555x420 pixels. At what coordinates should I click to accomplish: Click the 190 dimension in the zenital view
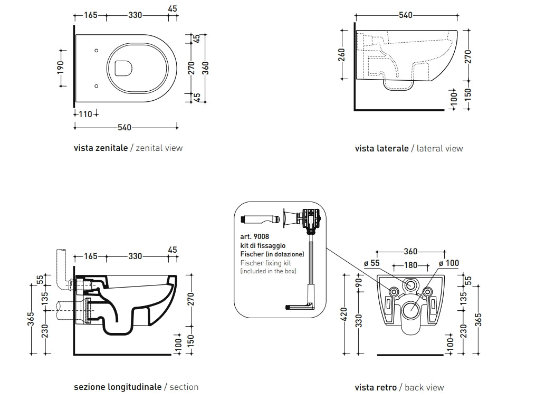tap(61, 66)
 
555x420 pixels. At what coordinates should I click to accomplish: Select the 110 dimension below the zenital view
tap(85, 114)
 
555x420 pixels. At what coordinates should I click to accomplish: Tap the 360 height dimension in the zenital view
tap(206, 68)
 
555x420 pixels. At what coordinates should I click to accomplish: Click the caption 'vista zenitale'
tap(100, 148)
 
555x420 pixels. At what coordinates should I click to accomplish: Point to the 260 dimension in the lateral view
tap(341, 55)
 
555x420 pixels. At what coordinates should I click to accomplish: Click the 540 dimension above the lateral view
tap(405, 15)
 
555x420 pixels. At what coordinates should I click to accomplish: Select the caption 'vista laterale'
tap(381, 149)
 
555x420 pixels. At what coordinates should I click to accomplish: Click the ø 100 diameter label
tap(448, 263)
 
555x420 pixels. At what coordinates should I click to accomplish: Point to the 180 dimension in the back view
tap(410, 265)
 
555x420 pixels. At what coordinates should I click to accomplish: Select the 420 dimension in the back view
tap(345, 314)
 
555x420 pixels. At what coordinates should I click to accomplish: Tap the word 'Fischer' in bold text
tap(252, 254)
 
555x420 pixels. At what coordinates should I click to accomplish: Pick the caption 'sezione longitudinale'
tap(118, 387)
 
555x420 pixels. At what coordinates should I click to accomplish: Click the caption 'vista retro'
tap(376, 388)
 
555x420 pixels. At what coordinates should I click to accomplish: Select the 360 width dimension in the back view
tap(410, 252)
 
